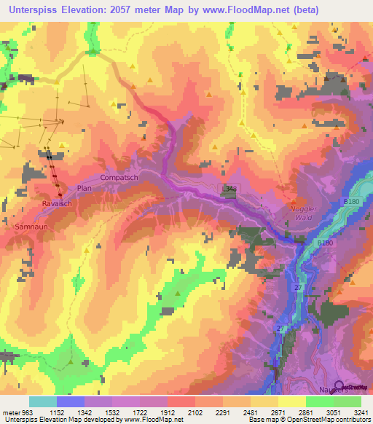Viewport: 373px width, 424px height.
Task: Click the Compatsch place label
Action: [119, 177]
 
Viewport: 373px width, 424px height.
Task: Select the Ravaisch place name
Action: [56, 203]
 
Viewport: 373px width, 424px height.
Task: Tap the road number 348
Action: [230, 189]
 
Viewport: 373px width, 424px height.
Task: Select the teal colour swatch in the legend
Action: [42, 401]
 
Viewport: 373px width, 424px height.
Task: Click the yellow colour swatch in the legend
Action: [291, 401]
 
